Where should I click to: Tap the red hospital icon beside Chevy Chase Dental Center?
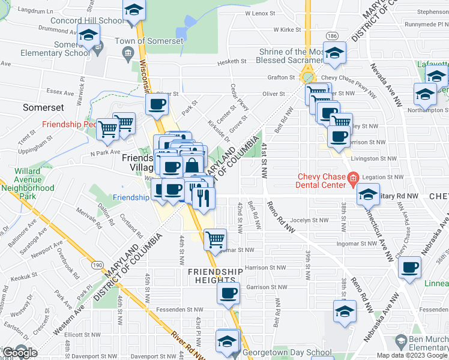tap(353, 178)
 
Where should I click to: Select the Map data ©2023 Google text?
tap(412, 355)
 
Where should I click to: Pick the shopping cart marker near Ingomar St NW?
tap(214, 239)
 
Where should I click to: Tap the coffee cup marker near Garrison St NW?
tap(228, 293)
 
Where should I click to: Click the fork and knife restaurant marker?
tap(204, 196)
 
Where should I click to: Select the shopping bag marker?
tap(192, 165)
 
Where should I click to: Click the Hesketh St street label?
tap(236, 61)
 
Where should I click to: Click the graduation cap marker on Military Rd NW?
tap(367, 194)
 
